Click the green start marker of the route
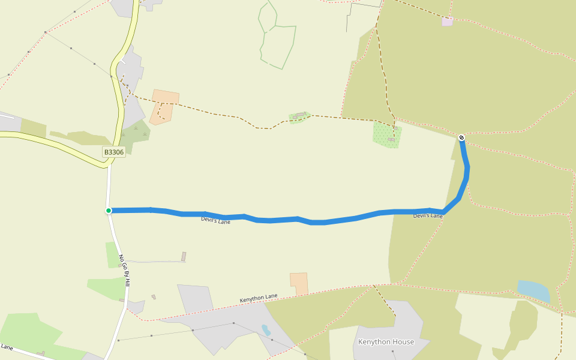point(109,211)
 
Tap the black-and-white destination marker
point(461,138)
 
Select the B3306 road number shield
point(114,152)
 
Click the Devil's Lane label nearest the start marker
point(215,221)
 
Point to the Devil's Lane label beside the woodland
point(428,215)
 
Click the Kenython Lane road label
point(259,298)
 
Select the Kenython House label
point(386,342)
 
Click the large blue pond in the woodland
point(533,291)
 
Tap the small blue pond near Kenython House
point(266,330)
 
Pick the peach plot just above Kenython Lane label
point(299,283)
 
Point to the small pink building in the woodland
point(447,22)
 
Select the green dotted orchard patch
point(386,134)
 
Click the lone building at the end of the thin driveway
point(184,257)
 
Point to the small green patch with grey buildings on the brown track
point(299,116)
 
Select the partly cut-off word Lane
point(7,347)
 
